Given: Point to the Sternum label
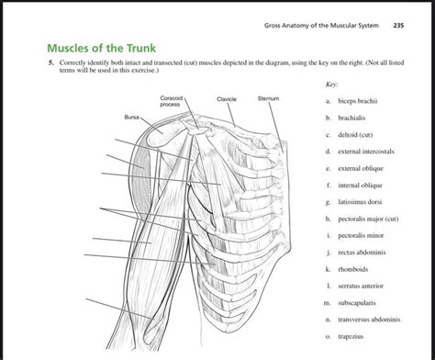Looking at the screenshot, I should pos(268,98).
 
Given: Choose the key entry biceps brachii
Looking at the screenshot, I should pos(364,100).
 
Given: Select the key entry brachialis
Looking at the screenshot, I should pos(359,120).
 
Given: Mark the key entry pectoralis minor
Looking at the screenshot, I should pos(368,235).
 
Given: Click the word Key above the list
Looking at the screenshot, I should pos(331,84).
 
